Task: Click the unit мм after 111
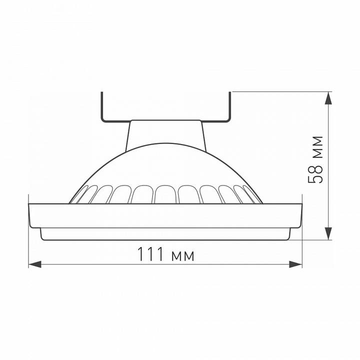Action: click(x=182, y=256)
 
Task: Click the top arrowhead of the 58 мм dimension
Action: click(x=328, y=97)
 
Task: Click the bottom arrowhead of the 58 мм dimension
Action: click(x=328, y=233)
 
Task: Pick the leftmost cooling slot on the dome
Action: click(x=80, y=195)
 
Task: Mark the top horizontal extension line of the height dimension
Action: click(x=280, y=91)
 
